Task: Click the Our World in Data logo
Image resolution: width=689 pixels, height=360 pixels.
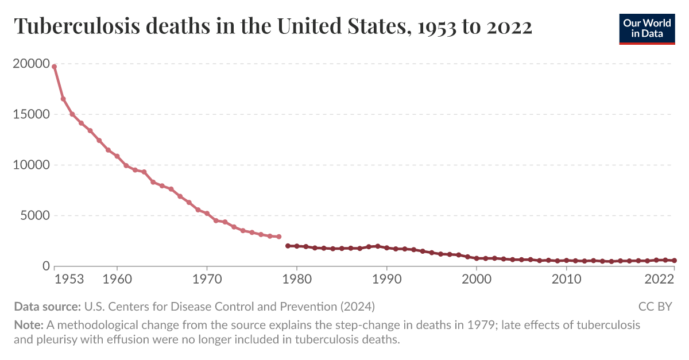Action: pos(647,28)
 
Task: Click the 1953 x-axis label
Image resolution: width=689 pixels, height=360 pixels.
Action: pos(69,280)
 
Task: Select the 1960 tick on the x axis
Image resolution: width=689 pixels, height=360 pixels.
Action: pos(117,280)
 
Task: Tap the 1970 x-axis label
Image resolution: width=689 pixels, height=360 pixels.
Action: pos(207,280)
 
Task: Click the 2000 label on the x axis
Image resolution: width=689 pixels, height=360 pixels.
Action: pos(477,280)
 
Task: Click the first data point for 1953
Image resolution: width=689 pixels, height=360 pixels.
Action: pos(54,67)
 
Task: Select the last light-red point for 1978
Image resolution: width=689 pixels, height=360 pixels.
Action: pos(278,237)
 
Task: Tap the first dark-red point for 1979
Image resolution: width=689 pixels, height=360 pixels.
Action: pos(288,246)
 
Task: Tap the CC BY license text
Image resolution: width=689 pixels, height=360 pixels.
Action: pos(655,307)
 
